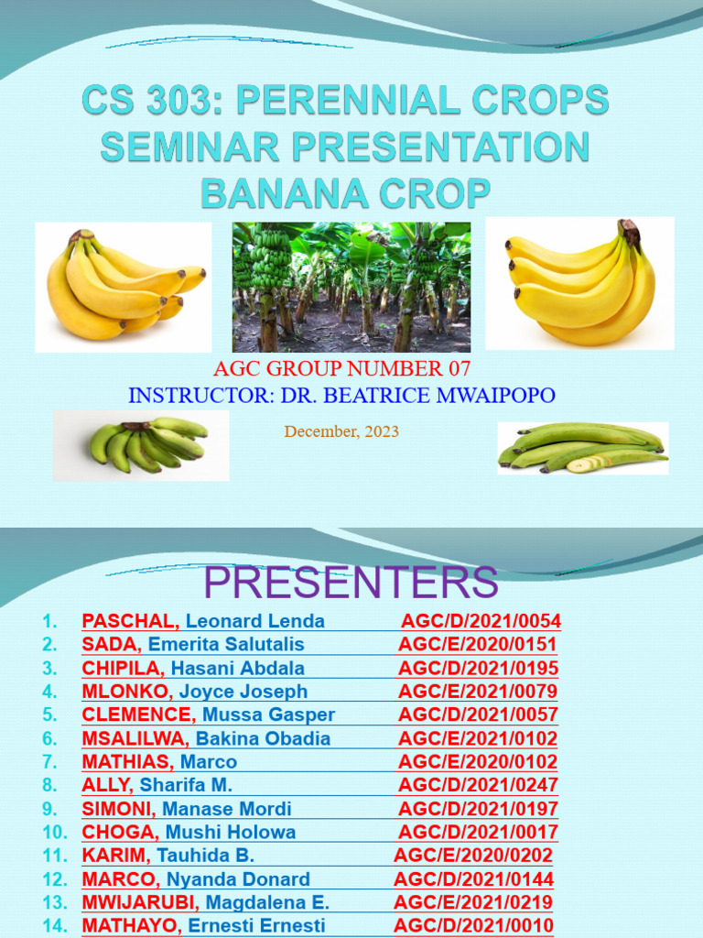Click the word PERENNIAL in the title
349,99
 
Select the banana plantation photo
351,287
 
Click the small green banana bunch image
141,445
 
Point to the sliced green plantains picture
583,448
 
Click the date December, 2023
341,431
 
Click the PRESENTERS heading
351,582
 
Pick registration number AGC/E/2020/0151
477,644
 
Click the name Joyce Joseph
243,692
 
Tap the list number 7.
49,762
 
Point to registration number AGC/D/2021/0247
478,785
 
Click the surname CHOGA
120,832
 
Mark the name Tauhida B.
206,856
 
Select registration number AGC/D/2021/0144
473,879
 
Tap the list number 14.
54,926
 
